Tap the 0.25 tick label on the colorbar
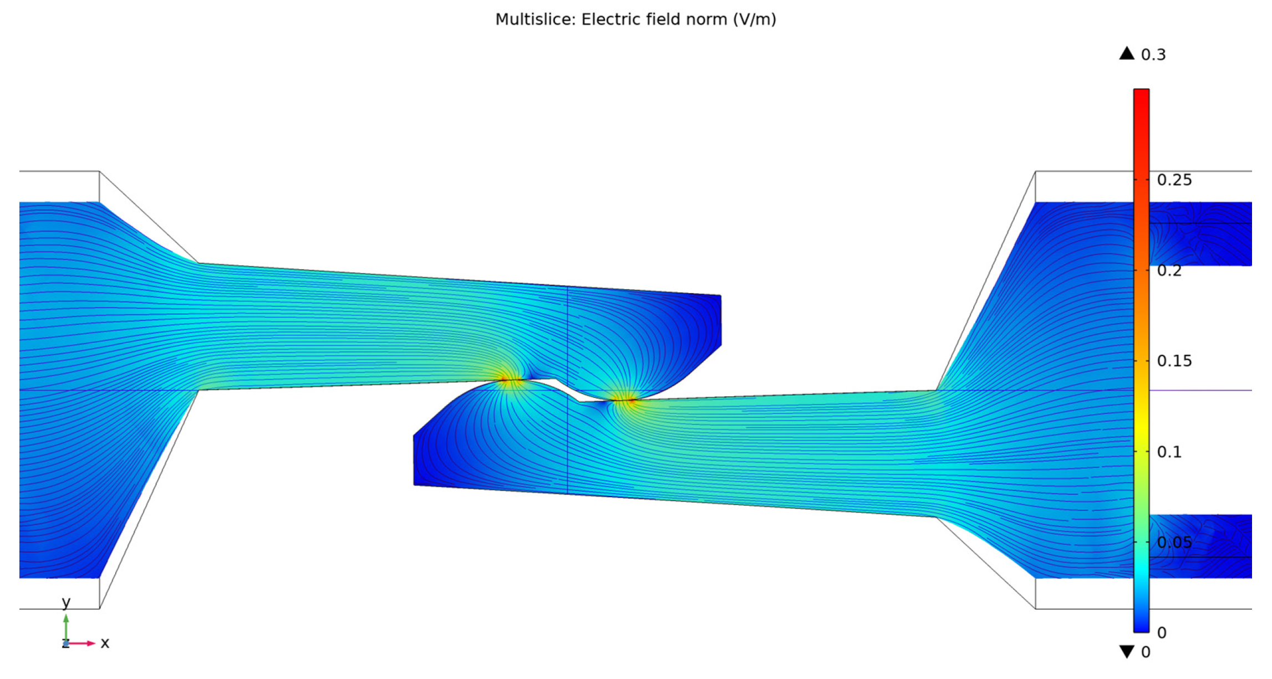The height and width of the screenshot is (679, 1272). [1174, 180]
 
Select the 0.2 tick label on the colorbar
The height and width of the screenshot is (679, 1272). [1169, 270]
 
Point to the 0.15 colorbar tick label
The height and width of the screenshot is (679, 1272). [1174, 361]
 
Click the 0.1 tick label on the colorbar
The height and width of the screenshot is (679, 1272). [1169, 452]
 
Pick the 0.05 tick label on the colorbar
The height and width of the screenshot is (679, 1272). [1174, 542]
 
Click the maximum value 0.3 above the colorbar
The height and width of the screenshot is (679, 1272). [1153, 54]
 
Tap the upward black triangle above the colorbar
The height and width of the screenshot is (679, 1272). [1127, 53]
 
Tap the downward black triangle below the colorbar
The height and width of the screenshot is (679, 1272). [1127, 652]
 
